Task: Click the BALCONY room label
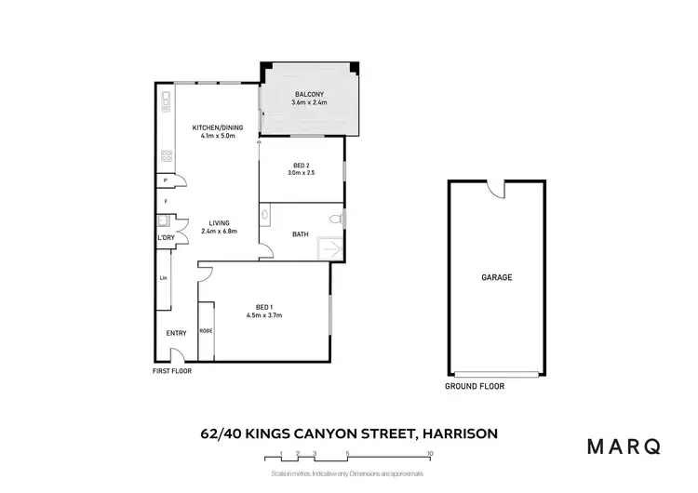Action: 309,95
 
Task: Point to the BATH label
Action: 301,234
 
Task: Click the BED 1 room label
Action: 264,307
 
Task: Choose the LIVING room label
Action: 220,222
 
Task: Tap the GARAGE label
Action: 496,277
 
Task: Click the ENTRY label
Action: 176,333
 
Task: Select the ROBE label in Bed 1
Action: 206,330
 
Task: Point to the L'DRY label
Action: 167,239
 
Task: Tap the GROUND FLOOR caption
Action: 475,386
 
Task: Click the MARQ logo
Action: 624,446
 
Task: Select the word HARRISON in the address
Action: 458,433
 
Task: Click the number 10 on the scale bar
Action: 429,454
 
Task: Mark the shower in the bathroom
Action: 329,248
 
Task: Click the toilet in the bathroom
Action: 337,220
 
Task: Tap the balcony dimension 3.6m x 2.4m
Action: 309,103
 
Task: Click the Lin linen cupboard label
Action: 163,277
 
